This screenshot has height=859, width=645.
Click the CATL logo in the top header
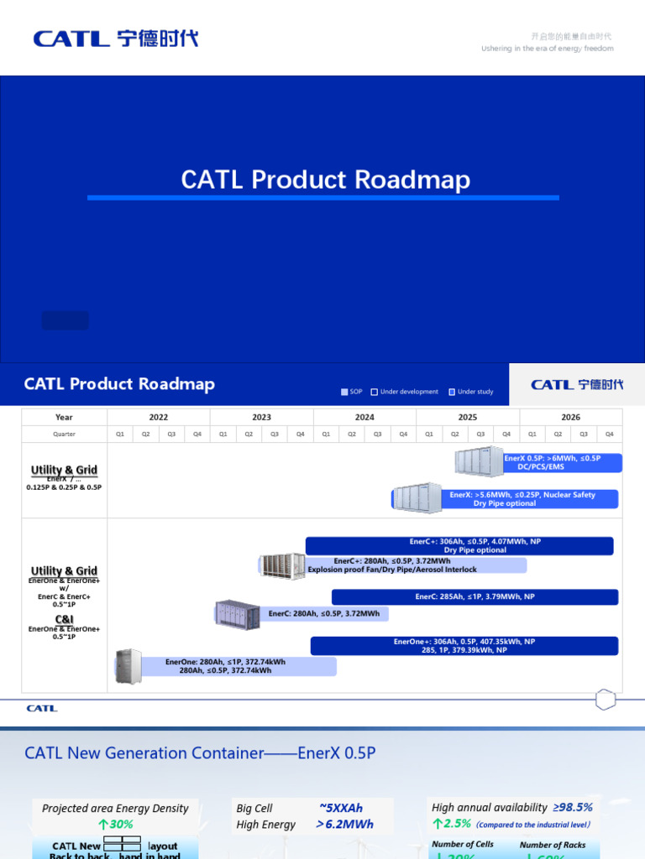(x=116, y=39)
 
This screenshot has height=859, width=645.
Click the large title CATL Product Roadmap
(x=326, y=180)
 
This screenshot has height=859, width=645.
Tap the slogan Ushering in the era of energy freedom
(x=547, y=49)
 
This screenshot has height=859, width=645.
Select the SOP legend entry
(x=352, y=392)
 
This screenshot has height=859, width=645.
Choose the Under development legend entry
(x=404, y=392)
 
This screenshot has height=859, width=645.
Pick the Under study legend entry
(x=471, y=392)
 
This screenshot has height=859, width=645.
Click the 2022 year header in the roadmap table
(x=159, y=417)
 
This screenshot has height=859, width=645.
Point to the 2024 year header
(x=364, y=417)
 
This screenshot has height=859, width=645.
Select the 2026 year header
(x=570, y=417)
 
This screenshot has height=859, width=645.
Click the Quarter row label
(x=64, y=434)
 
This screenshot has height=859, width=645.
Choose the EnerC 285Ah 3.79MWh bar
(x=475, y=597)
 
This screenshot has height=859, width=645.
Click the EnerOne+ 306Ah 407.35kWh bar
(x=464, y=646)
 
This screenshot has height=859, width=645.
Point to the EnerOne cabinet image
(x=128, y=666)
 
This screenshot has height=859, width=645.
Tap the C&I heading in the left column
(x=64, y=619)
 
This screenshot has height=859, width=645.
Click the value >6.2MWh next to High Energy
(x=344, y=825)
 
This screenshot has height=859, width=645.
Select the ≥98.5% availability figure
(x=573, y=807)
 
